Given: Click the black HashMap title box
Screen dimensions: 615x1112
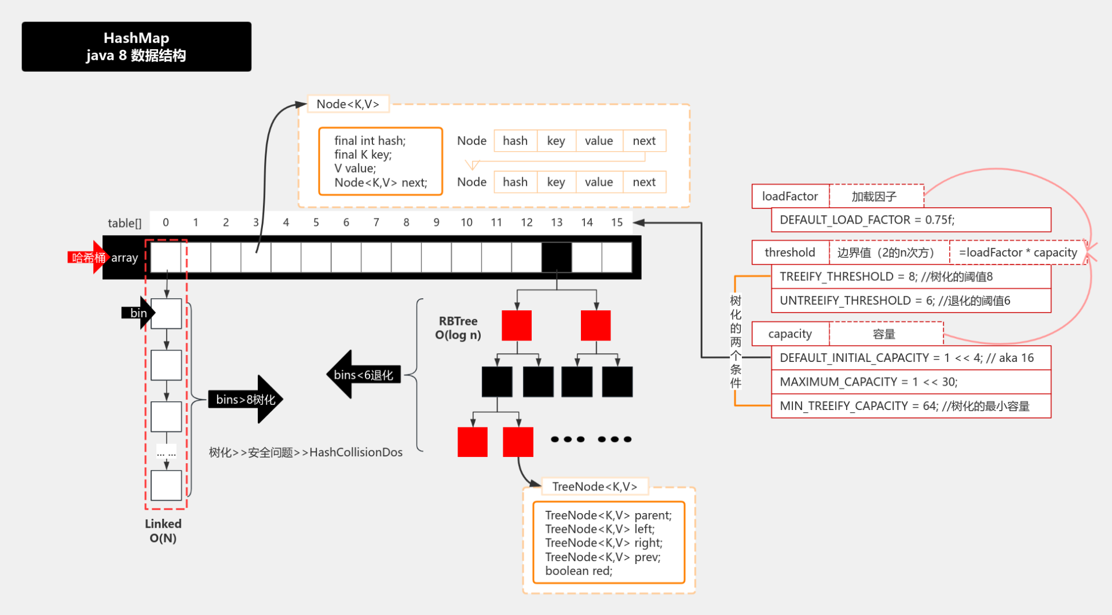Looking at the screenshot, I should point(136,46).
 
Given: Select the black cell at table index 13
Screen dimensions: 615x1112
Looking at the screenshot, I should point(556,257).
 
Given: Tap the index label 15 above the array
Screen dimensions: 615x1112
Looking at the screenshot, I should point(617,222).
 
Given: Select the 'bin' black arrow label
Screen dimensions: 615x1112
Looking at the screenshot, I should point(138,313).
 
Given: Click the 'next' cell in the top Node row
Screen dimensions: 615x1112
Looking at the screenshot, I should point(644,141).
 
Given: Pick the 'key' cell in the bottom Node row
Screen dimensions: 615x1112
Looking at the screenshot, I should point(556,182).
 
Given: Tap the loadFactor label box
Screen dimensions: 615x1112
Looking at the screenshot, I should point(790,196).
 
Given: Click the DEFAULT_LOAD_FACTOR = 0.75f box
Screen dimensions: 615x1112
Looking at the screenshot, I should point(910,220).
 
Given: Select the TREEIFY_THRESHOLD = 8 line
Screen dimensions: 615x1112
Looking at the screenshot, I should point(910,277).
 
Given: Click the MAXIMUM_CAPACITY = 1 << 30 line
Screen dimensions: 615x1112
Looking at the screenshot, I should point(910,382).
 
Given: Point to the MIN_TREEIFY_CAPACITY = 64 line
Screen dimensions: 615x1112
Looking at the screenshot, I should point(910,406).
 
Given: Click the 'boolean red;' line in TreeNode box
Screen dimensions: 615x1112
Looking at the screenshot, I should point(579,571).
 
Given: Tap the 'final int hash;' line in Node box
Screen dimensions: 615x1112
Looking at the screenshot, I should point(370,141).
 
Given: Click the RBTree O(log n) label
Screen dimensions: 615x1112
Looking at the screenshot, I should point(458,328).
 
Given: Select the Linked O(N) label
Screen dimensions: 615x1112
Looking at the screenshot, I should point(163,530).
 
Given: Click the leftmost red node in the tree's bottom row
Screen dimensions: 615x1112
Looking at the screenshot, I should point(472,442).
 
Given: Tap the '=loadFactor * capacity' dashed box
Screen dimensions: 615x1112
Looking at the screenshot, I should point(1018,252).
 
